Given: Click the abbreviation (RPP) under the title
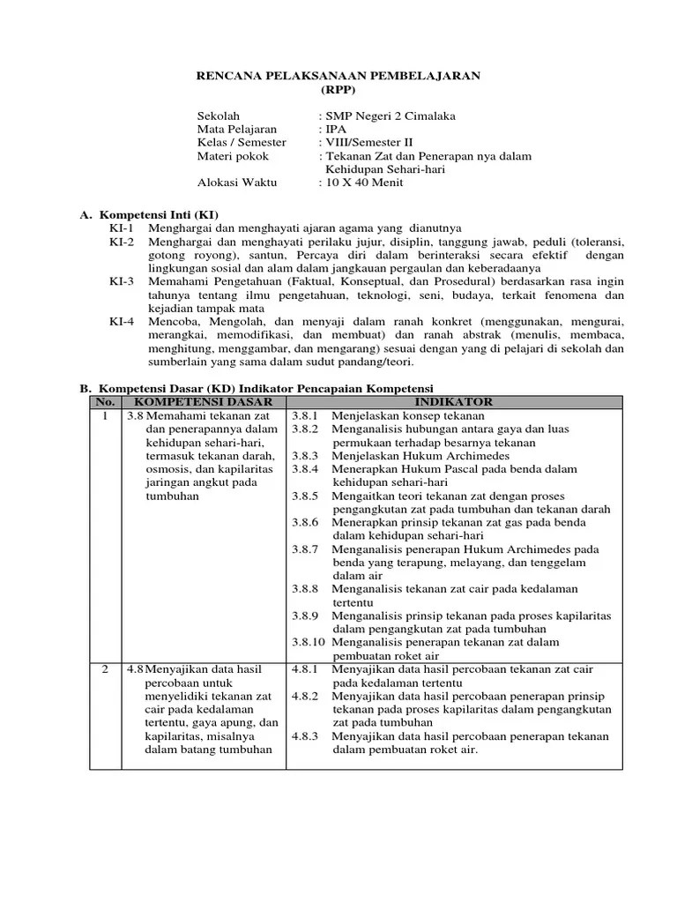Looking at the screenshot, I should [x=338, y=90].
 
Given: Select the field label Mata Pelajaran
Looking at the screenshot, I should [x=236, y=129].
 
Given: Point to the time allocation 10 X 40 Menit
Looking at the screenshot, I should [x=363, y=183].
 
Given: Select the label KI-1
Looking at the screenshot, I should [x=122, y=228].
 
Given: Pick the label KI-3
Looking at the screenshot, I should [x=122, y=281].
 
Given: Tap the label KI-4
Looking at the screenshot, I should [x=122, y=322].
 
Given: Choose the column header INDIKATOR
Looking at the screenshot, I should [x=454, y=402].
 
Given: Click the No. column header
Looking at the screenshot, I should [x=105, y=402].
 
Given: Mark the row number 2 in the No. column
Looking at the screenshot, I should [x=105, y=669].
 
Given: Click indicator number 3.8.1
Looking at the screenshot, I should [x=304, y=415].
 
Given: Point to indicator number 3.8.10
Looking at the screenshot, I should [x=308, y=643].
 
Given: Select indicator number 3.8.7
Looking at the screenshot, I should [x=304, y=549].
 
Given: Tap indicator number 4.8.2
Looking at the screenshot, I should [x=304, y=696].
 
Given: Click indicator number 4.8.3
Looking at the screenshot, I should [x=304, y=736].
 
